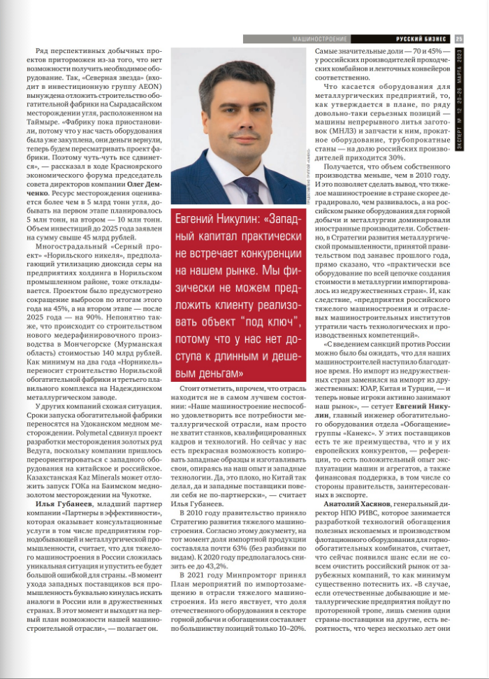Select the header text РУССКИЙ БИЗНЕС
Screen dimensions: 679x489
[x=419, y=39]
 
